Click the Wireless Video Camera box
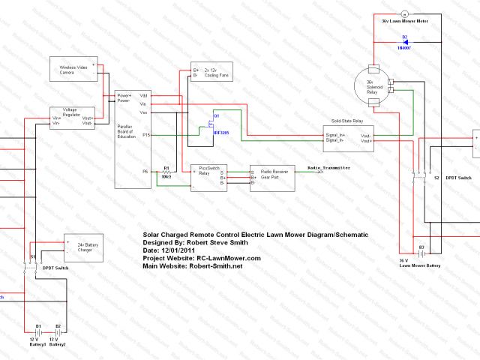pyautogui.click(x=73, y=69)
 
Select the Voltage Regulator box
pyautogui.click(x=73, y=118)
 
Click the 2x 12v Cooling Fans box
pyautogui.click(x=211, y=72)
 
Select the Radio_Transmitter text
pyautogui.click(x=328, y=169)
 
